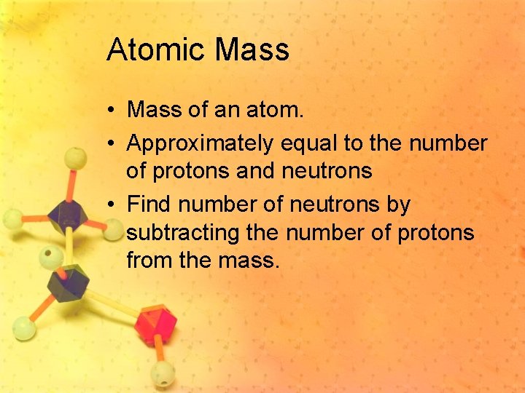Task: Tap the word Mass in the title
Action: point(253,50)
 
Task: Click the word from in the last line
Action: point(149,259)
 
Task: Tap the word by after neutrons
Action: point(398,206)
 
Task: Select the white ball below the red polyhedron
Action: point(163,376)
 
